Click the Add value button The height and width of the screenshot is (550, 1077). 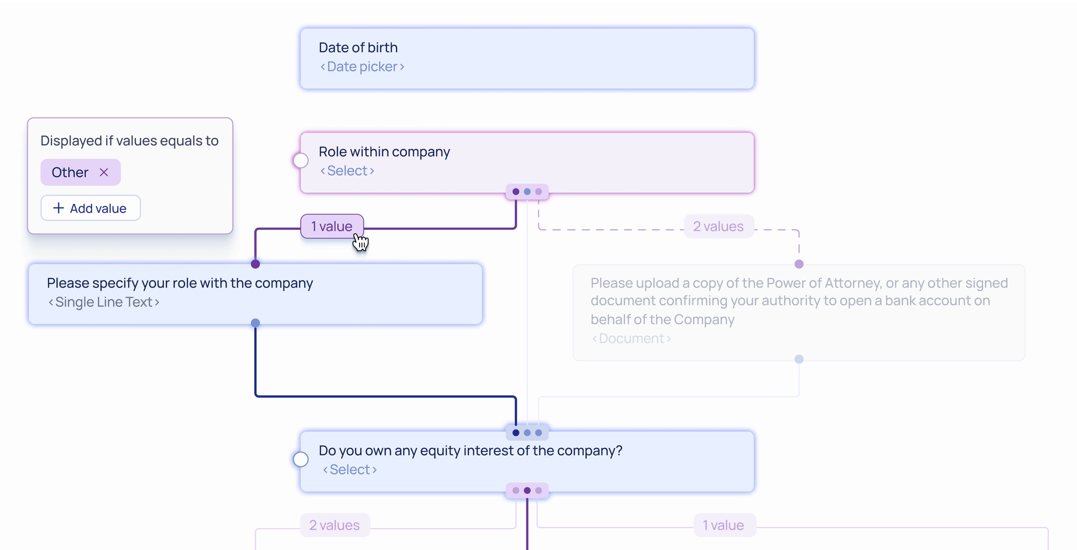point(90,208)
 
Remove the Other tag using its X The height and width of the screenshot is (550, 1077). point(104,172)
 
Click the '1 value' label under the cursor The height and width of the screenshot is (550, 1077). point(332,227)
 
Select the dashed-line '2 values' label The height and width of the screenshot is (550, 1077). point(718,227)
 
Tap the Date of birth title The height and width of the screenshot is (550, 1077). point(358,48)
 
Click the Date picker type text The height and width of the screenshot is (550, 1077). point(362,67)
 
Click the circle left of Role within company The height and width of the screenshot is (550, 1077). point(301,161)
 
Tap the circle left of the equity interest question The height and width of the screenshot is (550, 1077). point(301,460)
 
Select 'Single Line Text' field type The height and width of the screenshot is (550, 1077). point(104,302)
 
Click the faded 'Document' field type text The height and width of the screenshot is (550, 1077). point(631,339)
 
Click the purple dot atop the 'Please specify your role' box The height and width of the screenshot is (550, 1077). point(255,264)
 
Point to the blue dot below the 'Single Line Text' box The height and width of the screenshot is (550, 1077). point(255,323)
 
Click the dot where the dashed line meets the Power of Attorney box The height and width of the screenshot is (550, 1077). point(799,264)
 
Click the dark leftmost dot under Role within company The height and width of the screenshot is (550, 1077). point(516,192)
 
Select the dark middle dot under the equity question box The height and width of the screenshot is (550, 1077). point(527,491)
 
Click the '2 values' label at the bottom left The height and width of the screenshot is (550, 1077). point(334,525)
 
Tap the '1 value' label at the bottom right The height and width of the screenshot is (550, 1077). point(724,525)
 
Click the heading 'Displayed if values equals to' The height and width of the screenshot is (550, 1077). point(129,141)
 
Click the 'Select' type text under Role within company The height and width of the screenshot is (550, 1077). point(347,171)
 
